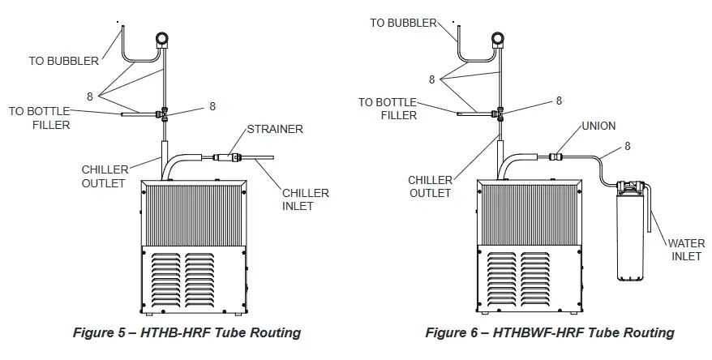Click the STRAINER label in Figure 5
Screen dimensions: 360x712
coord(275,129)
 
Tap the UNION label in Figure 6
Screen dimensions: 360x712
coord(598,126)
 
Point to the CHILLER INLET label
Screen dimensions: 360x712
coord(305,199)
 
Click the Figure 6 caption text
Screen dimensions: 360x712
coord(550,332)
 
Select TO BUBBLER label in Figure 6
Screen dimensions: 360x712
coord(403,23)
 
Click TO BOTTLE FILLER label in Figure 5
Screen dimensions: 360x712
coord(40,118)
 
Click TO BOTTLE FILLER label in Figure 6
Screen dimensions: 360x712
coord(388,109)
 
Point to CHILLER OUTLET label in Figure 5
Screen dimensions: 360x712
coord(103,176)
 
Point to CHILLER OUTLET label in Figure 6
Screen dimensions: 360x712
coord(429,186)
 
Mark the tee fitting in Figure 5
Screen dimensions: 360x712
coord(165,114)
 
